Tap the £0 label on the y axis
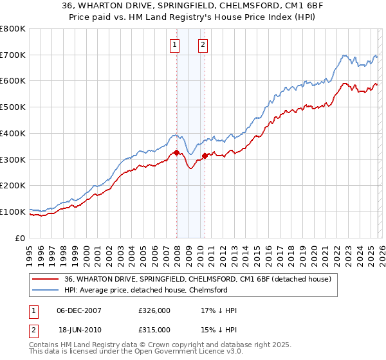tap(19, 238)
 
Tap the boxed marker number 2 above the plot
tap(203, 44)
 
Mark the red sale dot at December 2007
tap(176, 153)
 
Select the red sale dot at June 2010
tap(205, 156)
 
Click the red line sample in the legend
tap(47, 279)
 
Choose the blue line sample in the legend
tap(47, 290)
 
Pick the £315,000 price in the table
tap(154, 329)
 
